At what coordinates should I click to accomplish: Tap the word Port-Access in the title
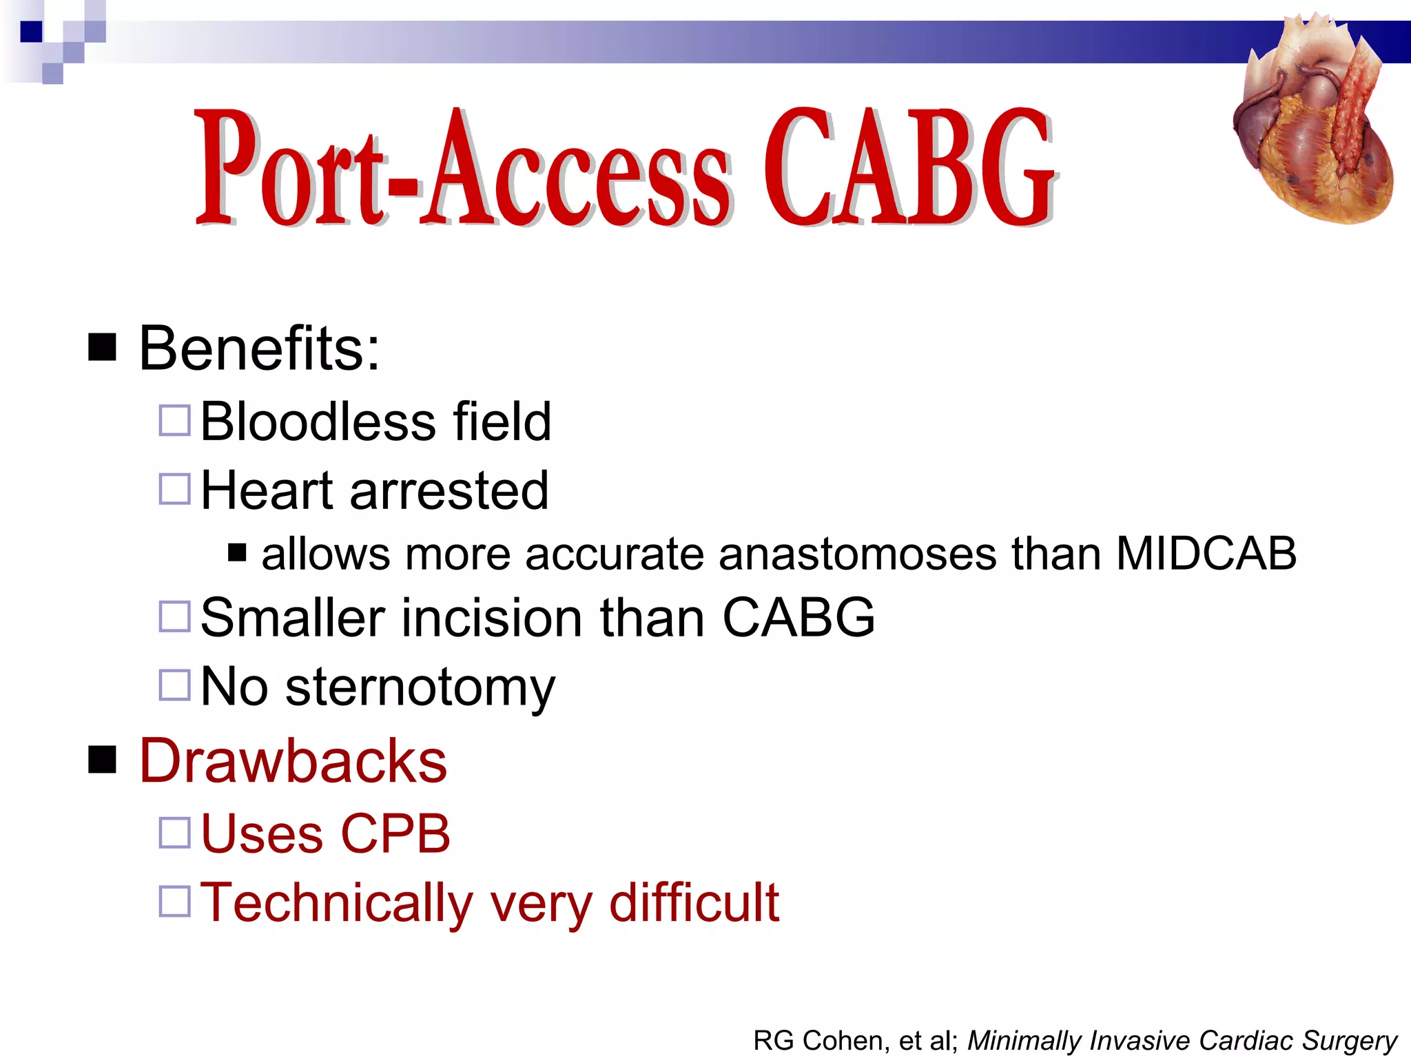click(462, 169)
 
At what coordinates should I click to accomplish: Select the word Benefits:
click(259, 349)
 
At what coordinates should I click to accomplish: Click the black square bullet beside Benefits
click(102, 347)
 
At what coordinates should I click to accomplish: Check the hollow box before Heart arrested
click(174, 489)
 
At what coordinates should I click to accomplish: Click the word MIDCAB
click(1206, 553)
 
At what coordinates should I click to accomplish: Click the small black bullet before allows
click(237, 552)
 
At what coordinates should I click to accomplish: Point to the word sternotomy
click(420, 687)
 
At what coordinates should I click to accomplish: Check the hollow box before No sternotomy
click(174, 685)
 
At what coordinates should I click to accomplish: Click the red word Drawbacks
click(293, 761)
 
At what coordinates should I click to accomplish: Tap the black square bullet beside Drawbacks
click(102, 760)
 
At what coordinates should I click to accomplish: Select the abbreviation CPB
click(395, 834)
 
